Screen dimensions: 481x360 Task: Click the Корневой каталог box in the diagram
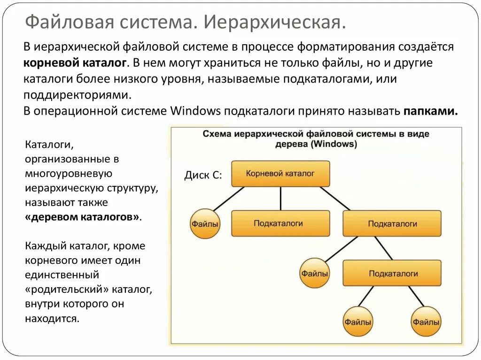(x=280, y=173)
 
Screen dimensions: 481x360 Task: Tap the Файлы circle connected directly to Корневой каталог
(x=205, y=223)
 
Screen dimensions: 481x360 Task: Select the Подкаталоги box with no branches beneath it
(x=280, y=223)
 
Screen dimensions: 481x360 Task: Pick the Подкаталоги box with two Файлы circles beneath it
(x=392, y=273)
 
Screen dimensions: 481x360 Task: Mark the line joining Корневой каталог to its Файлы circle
(x=229, y=198)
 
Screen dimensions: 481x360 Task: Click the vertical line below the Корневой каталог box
(x=280, y=199)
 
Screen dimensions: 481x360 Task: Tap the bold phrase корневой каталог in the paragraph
(x=75, y=63)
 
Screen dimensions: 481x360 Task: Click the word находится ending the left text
(x=51, y=319)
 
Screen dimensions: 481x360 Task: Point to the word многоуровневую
(x=68, y=174)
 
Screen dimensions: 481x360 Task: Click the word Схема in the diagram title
(x=217, y=134)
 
